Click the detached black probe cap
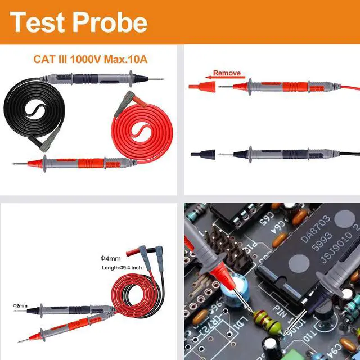point(202,154)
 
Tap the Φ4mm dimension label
point(110,259)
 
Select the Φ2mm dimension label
point(20,305)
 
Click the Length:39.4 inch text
point(120,268)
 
